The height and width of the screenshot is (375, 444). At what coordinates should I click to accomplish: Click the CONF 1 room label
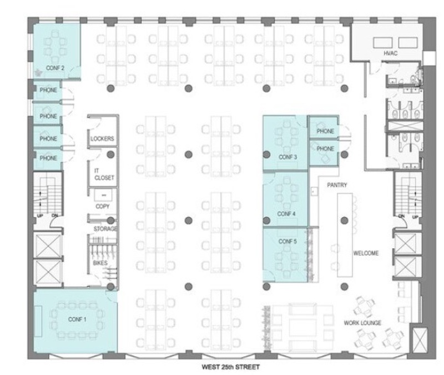(77, 319)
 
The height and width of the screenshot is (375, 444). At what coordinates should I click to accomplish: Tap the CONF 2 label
(55, 68)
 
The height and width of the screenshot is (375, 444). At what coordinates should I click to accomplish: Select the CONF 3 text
(287, 157)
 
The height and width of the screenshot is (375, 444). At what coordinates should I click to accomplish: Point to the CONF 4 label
(286, 214)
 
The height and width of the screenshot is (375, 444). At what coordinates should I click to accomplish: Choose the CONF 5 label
(287, 242)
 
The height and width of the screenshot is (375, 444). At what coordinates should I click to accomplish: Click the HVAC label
(391, 53)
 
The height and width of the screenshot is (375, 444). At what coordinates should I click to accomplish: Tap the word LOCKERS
(102, 138)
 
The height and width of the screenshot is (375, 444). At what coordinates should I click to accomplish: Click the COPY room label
(103, 206)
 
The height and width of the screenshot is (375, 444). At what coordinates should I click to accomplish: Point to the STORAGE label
(105, 229)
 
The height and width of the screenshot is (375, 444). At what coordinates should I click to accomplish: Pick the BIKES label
(100, 263)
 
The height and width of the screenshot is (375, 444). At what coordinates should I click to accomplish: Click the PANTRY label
(337, 185)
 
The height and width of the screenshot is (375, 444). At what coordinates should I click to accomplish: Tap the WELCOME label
(366, 253)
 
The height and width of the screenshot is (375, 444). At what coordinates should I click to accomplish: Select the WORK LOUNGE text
(362, 323)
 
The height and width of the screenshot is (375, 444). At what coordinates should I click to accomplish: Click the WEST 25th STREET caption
(230, 367)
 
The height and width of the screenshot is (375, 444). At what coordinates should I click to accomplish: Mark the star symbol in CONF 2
(38, 73)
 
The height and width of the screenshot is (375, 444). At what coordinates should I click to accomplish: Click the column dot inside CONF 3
(266, 154)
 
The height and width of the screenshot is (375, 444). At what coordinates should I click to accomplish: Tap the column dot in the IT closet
(110, 154)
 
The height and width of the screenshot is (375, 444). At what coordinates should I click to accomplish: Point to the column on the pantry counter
(344, 221)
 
